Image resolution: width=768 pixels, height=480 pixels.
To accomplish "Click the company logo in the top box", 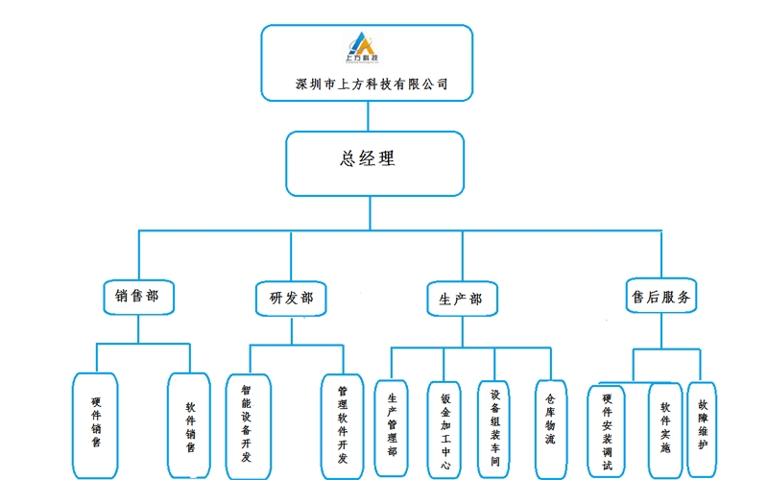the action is (x=362, y=47).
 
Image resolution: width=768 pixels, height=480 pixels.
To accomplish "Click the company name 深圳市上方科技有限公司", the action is (x=372, y=84).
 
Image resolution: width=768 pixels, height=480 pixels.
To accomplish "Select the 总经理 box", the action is (x=375, y=163).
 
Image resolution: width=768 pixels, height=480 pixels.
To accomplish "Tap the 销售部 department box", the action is (x=138, y=298).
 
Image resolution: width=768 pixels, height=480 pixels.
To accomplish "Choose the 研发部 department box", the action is (x=291, y=299).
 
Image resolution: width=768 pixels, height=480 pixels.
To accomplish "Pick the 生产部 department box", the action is (x=462, y=299).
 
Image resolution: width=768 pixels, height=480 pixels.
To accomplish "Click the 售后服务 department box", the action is (x=661, y=296).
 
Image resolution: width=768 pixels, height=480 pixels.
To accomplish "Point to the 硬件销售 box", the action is (x=95, y=425).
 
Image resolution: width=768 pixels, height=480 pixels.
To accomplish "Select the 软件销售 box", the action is (x=189, y=425).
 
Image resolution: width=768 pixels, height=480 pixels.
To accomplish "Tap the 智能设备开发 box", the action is (x=249, y=426).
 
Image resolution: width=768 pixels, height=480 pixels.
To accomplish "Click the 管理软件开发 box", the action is (x=343, y=426).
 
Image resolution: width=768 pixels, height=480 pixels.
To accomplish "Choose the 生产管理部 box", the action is (x=392, y=428).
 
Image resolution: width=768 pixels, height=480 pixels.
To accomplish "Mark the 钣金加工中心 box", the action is (x=444, y=430).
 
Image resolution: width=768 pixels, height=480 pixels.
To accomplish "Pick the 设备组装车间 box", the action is (x=493, y=429).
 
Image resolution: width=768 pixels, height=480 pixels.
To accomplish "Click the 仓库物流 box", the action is (x=551, y=429).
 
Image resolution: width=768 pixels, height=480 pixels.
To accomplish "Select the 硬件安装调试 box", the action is (x=607, y=431).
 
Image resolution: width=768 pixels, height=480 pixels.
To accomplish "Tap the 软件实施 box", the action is (x=665, y=430).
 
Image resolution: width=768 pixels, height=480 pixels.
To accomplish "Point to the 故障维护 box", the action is (x=702, y=429).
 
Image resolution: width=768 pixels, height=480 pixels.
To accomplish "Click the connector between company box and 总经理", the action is (x=368, y=116).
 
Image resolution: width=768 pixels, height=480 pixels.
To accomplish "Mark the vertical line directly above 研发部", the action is (x=291, y=255).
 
